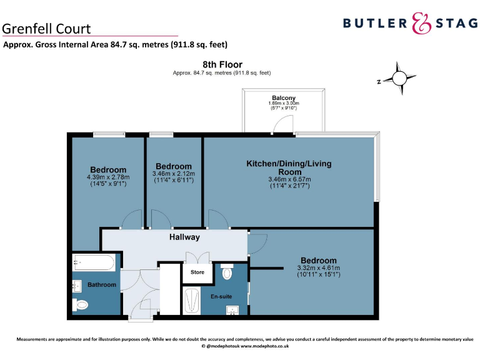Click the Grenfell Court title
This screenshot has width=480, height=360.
click(x=46, y=28)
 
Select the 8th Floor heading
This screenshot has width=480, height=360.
click(x=222, y=64)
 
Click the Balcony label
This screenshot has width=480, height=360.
click(x=284, y=97)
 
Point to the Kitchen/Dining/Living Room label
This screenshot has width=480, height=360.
click(x=289, y=167)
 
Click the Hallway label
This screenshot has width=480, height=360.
click(x=184, y=237)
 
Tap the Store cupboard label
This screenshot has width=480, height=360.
click(x=197, y=272)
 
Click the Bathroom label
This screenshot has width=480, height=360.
click(x=101, y=285)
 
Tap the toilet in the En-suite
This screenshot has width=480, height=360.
click(x=227, y=273)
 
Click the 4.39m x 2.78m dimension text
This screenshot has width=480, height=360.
click(x=108, y=177)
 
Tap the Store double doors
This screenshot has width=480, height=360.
click(x=197, y=257)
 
